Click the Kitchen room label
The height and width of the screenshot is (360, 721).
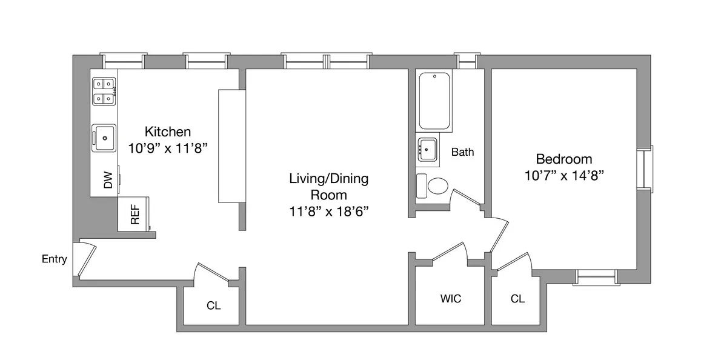pos(168,132)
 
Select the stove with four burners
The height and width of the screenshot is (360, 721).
pos(104,92)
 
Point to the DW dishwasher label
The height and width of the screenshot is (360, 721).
pos(108,180)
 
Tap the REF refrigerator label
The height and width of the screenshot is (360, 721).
pos(135,214)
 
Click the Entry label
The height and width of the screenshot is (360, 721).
pos(54,259)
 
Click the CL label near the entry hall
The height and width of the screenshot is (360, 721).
pos(213,305)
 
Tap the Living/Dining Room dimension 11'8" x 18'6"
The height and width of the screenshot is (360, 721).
pos(328,211)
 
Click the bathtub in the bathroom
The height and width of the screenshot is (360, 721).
pos(434,101)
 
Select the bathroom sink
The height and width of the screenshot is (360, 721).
pos(429,148)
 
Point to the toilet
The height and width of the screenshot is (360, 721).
pos(434,186)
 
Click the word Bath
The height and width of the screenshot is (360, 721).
pos(462,152)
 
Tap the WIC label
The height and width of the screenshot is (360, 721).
pos(450,299)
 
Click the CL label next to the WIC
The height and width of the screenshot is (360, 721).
pos(517,299)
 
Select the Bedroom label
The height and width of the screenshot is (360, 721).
pos(563,159)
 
